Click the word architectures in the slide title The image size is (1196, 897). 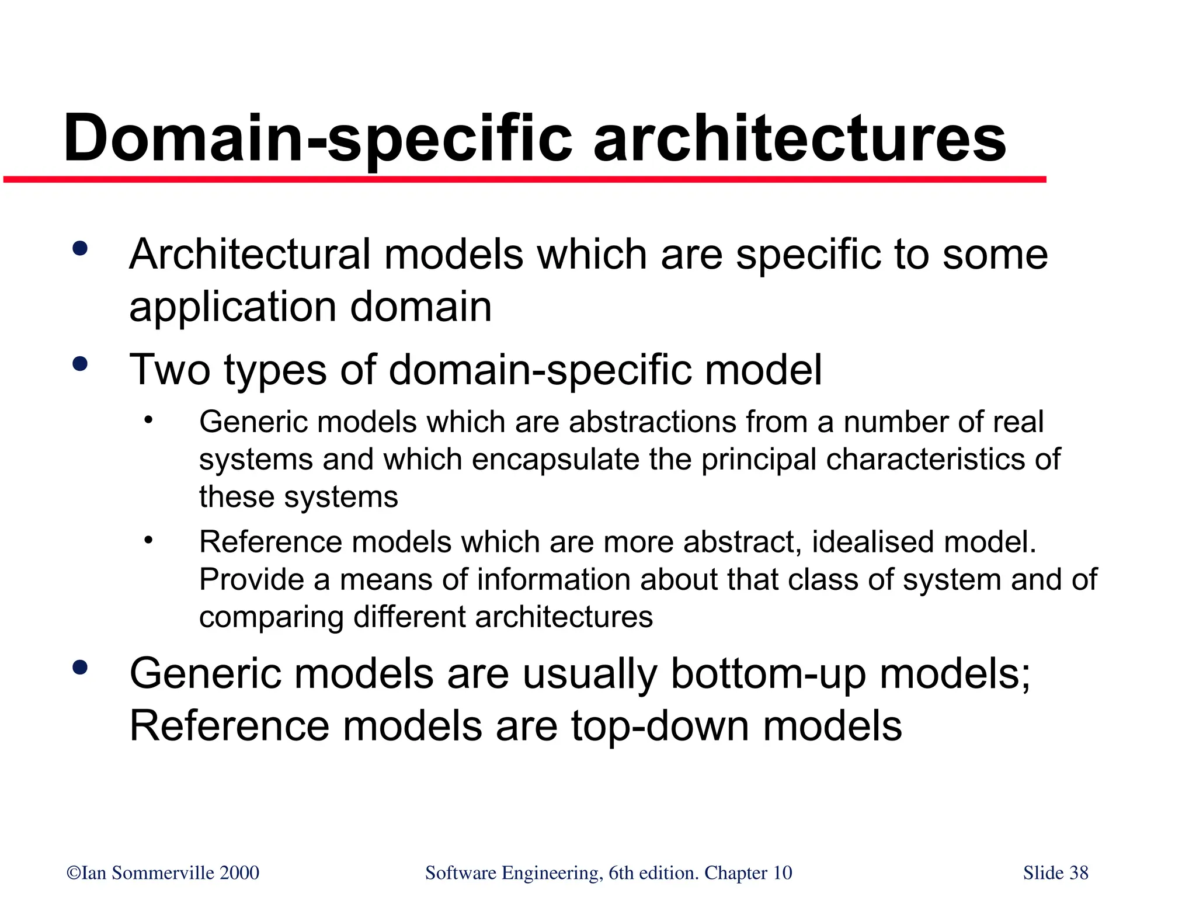pos(799,139)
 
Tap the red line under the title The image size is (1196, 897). pos(526,179)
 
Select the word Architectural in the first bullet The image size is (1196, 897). pos(250,255)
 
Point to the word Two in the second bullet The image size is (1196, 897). pos(169,370)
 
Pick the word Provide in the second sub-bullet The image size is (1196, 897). pos(252,580)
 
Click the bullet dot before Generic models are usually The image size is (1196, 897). pos(80,667)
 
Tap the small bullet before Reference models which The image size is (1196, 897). pos(148,540)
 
